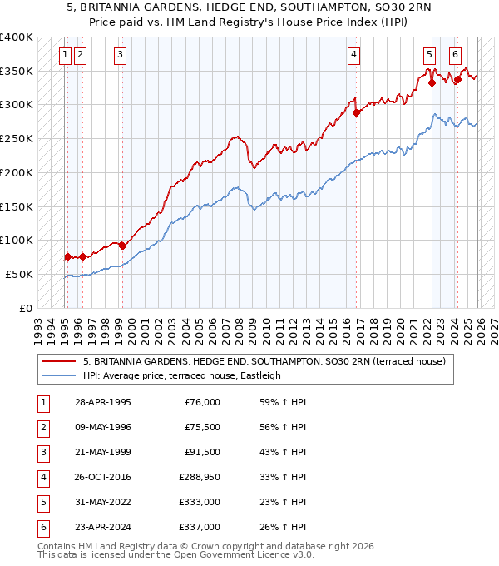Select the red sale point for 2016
[357, 112]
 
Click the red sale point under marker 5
[432, 82]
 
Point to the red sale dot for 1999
[122, 246]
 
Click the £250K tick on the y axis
[17, 138]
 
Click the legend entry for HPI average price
[182, 375]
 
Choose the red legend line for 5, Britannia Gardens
[59, 361]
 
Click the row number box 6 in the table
[42, 527]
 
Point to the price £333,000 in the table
[200, 502]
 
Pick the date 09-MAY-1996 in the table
[102, 427]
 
